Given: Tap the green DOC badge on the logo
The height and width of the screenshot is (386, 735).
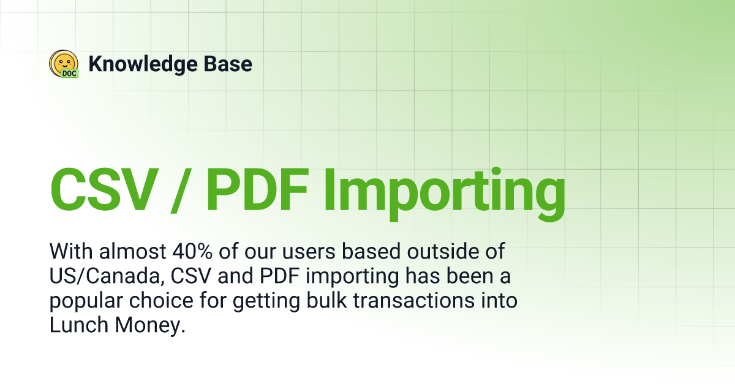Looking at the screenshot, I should coord(69,73).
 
